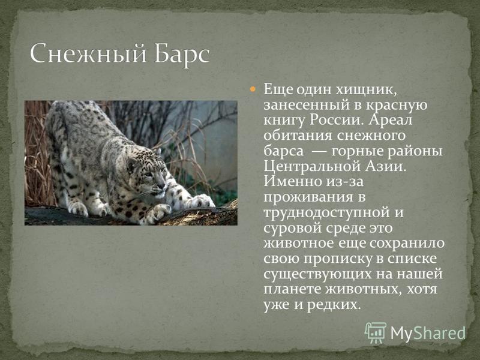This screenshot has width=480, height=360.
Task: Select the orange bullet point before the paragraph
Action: (253, 89)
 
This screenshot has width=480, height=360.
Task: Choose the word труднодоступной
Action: (326, 213)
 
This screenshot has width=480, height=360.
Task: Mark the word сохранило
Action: (407, 244)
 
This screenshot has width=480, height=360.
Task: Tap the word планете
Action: (292, 290)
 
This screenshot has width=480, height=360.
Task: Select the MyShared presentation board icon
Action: (376, 332)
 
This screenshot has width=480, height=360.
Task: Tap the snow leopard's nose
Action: (161, 186)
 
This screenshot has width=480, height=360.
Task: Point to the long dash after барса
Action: (317, 151)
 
